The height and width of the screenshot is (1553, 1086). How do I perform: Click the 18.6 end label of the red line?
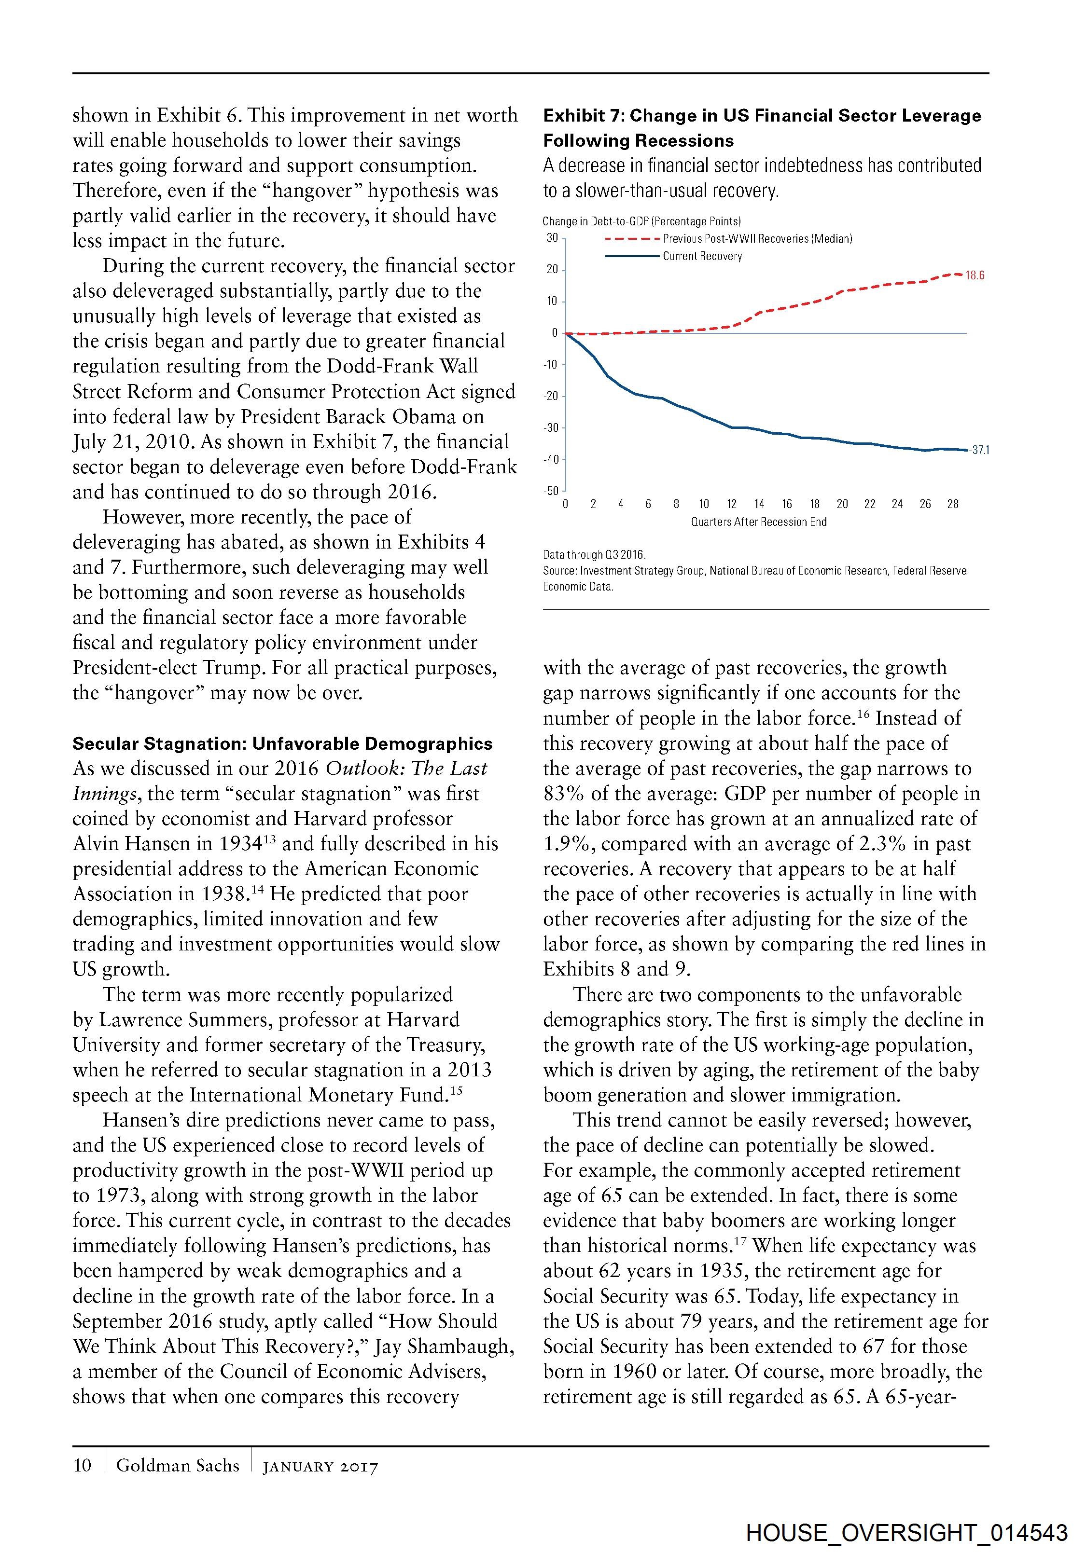click(975, 275)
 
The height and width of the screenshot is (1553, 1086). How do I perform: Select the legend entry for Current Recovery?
click(702, 256)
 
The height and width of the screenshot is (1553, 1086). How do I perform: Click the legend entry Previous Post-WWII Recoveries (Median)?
click(757, 239)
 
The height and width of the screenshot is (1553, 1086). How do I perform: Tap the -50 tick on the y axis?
click(552, 491)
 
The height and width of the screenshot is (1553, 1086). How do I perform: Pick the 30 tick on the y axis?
click(553, 238)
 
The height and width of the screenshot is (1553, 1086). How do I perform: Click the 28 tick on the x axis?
click(953, 504)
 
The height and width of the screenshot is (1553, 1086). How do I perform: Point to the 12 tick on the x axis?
click(731, 504)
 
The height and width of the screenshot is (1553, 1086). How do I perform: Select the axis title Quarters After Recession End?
click(758, 522)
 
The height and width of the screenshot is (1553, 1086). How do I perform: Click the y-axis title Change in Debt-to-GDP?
click(641, 221)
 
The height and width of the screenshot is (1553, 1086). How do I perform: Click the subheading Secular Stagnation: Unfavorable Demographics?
click(282, 744)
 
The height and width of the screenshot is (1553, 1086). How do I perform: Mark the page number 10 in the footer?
click(82, 1465)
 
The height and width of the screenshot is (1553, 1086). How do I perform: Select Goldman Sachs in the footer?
click(178, 1465)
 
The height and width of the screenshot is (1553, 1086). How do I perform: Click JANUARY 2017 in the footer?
click(320, 1467)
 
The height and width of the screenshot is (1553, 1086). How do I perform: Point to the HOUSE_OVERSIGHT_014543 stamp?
click(907, 1532)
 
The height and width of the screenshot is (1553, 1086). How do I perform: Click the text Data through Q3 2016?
click(594, 555)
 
